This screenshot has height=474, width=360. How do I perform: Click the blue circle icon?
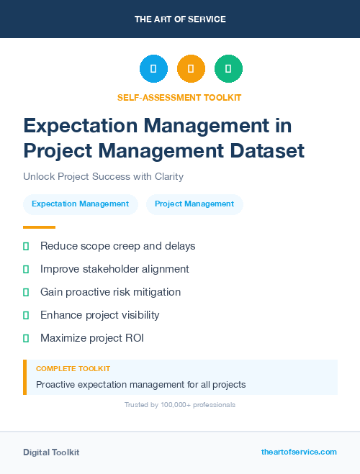pyautogui.click(x=153, y=68)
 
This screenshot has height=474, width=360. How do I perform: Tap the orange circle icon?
pyautogui.click(x=191, y=68)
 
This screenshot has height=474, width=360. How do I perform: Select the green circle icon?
pyautogui.click(x=228, y=68)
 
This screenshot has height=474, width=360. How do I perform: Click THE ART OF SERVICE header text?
pyautogui.click(x=180, y=19)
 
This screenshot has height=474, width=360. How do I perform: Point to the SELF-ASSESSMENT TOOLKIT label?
pyautogui.click(x=179, y=97)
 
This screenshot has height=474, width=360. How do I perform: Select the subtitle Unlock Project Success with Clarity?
pyautogui.click(x=103, y=176)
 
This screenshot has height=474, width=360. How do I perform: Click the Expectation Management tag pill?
pyautogui.click(x=80, y=204)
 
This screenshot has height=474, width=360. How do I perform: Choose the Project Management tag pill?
pyautogui.click(x=194, y=204)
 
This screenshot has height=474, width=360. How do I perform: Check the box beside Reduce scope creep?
pyautogui.click(x=26, y=246)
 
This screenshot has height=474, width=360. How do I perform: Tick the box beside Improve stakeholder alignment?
pyautogui.click(x=26, y=269)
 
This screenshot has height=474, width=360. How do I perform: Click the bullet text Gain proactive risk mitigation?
pyautogui.click(x=110, y=292)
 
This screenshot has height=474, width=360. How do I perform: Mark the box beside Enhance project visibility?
pyautogui.click(x=26, y=315)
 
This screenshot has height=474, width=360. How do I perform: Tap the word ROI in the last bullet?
pyautogui.click(x=133, y=338)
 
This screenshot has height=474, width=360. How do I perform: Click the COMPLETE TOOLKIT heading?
pyautogui.click(x=73, y=368)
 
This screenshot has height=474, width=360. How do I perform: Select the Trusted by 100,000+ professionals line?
pyautogui.click(x=179, y=405)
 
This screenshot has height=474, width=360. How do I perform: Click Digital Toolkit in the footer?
pyautogui.click(x=51, y=452)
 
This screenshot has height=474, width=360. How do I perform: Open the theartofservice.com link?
pyautogui.click(x=299, y=452)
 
